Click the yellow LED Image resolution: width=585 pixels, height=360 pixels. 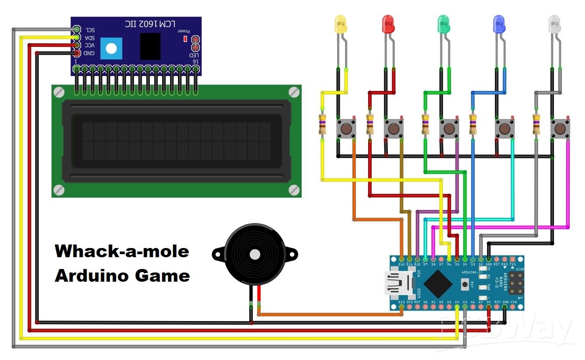coord(340,24)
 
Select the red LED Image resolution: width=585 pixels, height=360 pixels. coord(388,24)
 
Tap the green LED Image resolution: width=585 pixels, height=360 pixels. coord(443,24)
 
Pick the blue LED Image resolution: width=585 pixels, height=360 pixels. coord(498,24)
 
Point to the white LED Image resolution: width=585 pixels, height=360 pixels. coord(554,24)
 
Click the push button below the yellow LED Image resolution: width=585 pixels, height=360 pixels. coord(346,129)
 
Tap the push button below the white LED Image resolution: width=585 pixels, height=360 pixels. coord(560,129)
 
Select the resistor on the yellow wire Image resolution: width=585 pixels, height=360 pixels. coord(323,124)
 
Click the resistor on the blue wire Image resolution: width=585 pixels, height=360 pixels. coord(473,124)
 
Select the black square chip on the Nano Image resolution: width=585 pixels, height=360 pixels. coord(438,283)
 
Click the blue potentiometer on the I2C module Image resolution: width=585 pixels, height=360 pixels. coord(111,48)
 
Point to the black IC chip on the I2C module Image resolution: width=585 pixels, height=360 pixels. coord(150,46)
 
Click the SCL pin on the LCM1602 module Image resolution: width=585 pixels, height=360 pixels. coord(77,29)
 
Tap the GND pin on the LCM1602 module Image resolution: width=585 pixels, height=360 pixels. coord(77,53)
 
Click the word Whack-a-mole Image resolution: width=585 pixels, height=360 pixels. coord(122,252)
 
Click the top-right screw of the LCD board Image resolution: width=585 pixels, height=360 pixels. coord(294,92)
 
